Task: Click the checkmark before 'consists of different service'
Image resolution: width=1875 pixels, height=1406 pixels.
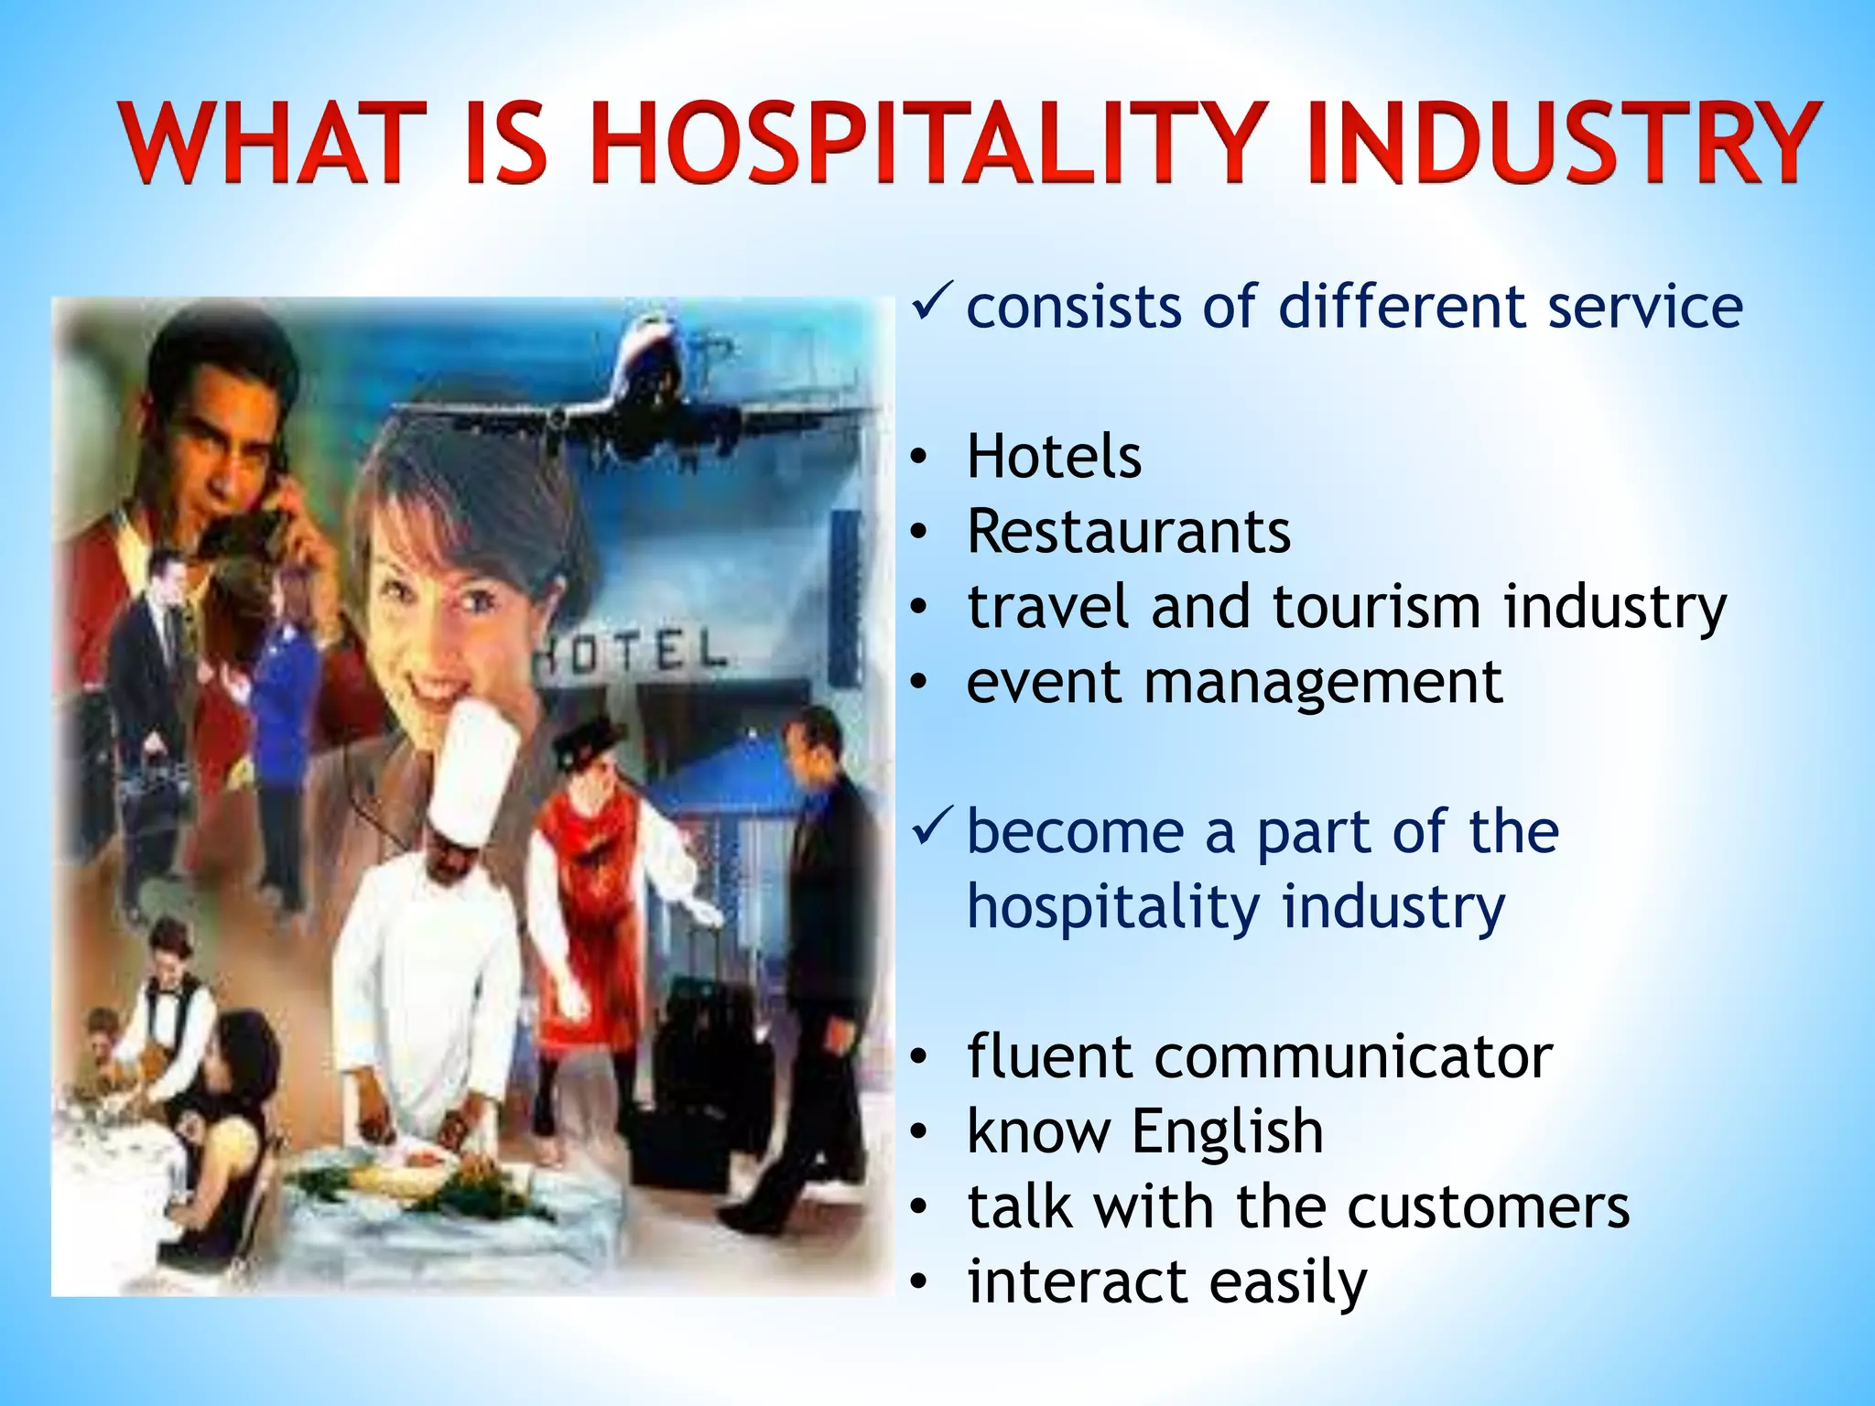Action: [x=933, y=302]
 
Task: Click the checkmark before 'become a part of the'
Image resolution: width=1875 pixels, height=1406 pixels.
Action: [x=933, y=827]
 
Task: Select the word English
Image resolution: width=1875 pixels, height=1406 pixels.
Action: [x=1228, y=1131]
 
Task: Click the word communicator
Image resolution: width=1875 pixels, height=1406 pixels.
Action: [x=1353, y=1056]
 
